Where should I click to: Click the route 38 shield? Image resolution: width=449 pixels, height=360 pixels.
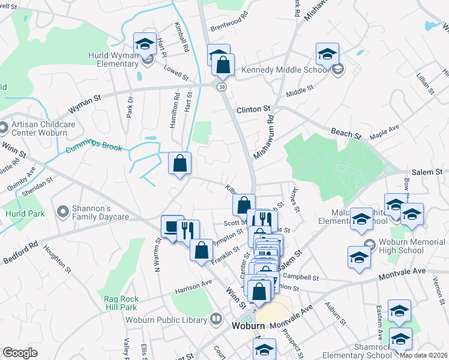click(x=223, y=87)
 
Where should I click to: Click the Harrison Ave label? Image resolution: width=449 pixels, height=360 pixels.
click(x=193, y=287)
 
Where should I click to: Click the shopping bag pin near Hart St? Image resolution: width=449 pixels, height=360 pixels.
click(x=180, y=163)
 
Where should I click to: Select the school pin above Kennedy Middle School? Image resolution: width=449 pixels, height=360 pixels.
click(x=327, y=53)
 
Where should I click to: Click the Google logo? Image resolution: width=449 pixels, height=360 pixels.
click(x=20, y=353)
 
